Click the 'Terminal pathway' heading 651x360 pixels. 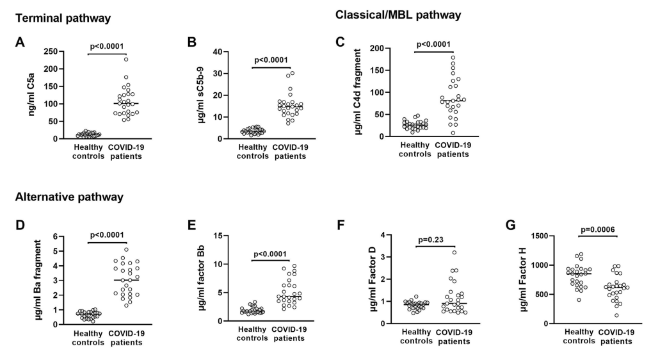[63, 19]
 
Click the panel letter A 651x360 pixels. [20, 42]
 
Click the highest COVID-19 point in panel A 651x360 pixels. [126, 60]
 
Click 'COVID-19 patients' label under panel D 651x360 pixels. [127, 338]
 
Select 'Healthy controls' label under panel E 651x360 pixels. [250, 338]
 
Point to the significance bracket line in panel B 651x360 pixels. [271, 67]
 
